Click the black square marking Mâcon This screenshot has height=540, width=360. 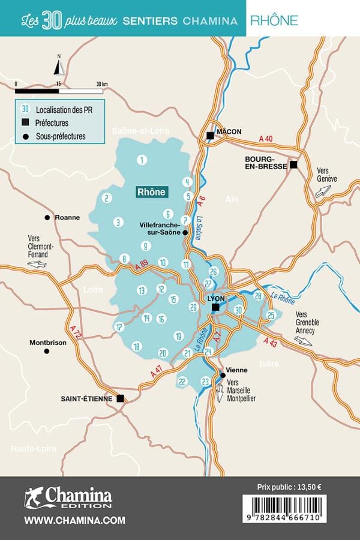(x=210, y=136)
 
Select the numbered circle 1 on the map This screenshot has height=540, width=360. (x=142, y=160)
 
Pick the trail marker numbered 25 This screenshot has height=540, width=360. (x=271, y=315)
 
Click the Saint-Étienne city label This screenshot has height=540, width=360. (x=87, y=398)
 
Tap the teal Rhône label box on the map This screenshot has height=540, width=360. (x=151, y=192)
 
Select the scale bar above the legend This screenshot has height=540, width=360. (x=59, y=91)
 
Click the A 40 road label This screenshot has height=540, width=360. (x=265, y=139)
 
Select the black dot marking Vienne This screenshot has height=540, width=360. (x=223, y=375)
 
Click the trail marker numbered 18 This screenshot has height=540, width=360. (x=136, y=346)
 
